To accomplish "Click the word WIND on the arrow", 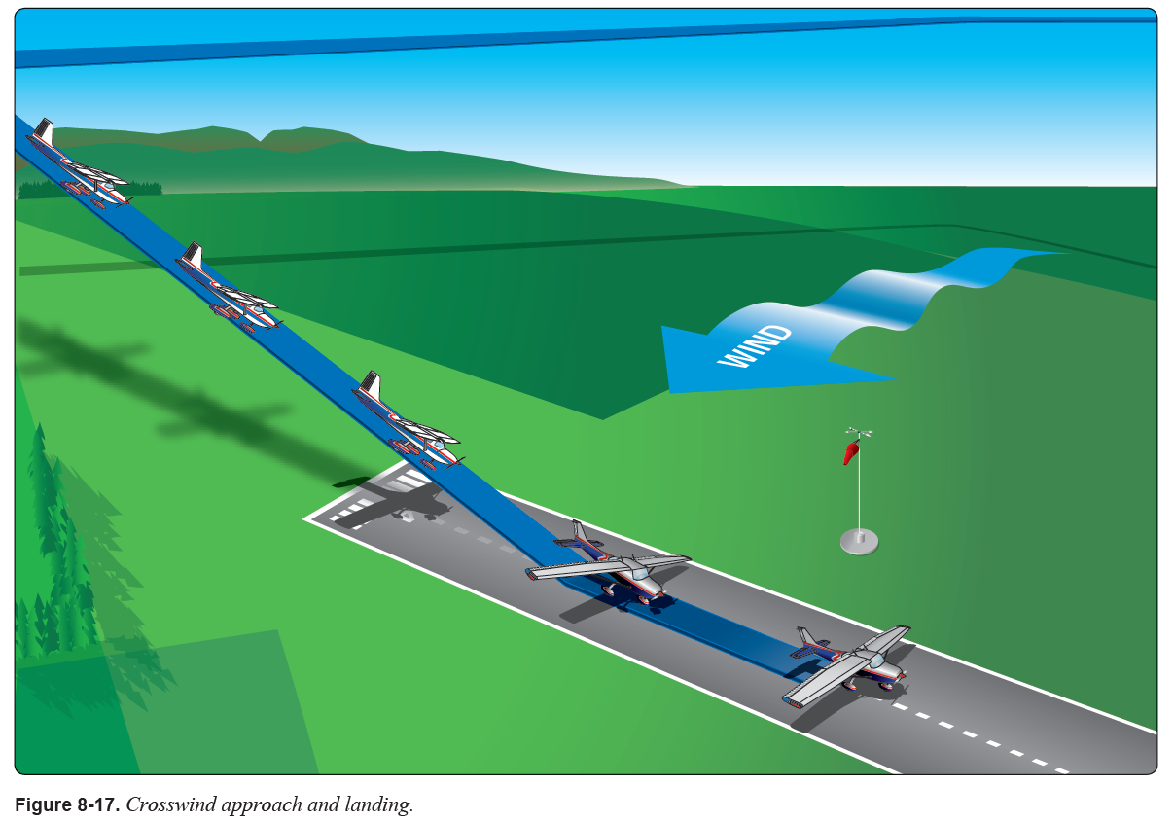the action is [x=755, y=346].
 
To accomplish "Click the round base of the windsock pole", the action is [x=859, y=541].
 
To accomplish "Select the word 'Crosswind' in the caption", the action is [x=166, y=805].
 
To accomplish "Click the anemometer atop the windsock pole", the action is [x=858, y=431].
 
